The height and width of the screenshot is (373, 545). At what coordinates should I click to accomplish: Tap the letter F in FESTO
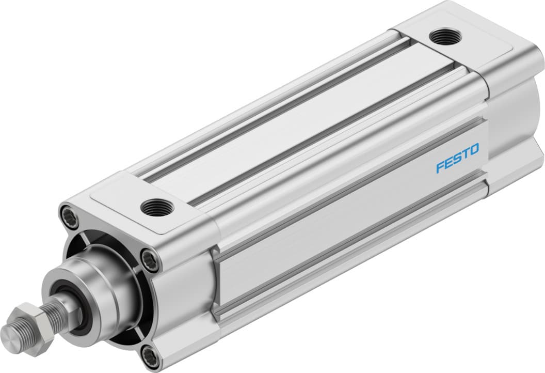pyautogui.click(x=440, y=167)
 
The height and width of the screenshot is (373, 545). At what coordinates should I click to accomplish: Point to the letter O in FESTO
pyautogui.click(x=473, y=150)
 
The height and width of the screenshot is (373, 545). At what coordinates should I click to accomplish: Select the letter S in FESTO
pyautogui.click(x=457, y=159)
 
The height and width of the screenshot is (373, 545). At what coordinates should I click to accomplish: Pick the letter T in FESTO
pyautogui.click(x=465, y=154)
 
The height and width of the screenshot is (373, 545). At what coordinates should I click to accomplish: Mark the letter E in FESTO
pyautogui.click(x=448, y=163)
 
